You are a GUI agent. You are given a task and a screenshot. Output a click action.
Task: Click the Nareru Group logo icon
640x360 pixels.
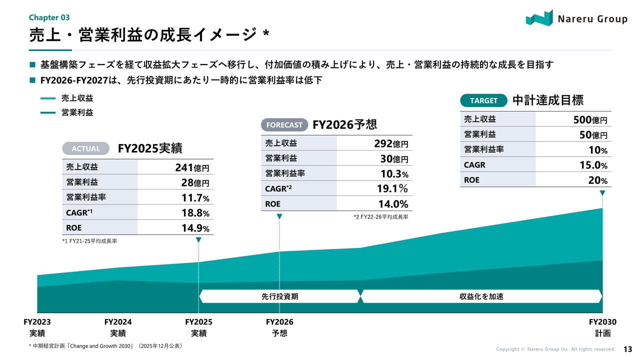(539, 17)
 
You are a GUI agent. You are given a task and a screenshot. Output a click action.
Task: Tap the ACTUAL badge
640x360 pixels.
(85, 148)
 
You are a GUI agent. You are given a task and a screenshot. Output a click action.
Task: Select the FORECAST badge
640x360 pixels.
(284, 124)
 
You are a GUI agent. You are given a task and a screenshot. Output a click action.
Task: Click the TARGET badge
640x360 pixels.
(483, 100)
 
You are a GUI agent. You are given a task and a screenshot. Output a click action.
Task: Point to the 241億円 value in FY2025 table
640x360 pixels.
(192, 167)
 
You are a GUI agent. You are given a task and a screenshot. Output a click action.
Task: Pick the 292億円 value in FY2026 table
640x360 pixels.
(391, 143)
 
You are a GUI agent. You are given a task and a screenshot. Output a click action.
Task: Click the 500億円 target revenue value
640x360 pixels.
(590, 120)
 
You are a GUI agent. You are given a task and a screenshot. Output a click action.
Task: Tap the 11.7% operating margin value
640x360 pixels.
(195, 198)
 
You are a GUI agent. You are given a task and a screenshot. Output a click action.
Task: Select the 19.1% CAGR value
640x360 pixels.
(392, 189)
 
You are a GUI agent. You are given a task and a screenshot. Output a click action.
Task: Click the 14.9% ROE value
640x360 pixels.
(195, 228)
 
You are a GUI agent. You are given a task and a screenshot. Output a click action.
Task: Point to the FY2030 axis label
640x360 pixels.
(602, 322)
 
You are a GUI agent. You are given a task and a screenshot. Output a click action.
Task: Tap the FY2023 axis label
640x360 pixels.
(37, 322)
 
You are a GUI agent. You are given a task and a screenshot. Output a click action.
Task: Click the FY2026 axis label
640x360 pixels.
(279, 322)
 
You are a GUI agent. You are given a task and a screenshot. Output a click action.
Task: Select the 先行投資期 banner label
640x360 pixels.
(279, 296)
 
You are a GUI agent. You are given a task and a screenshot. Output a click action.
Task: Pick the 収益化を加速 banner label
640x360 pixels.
(481, 296)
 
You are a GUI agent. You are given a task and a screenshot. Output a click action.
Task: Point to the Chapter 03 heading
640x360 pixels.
(49, 17)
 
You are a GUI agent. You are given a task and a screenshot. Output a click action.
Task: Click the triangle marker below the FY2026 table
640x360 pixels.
(279, 216)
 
